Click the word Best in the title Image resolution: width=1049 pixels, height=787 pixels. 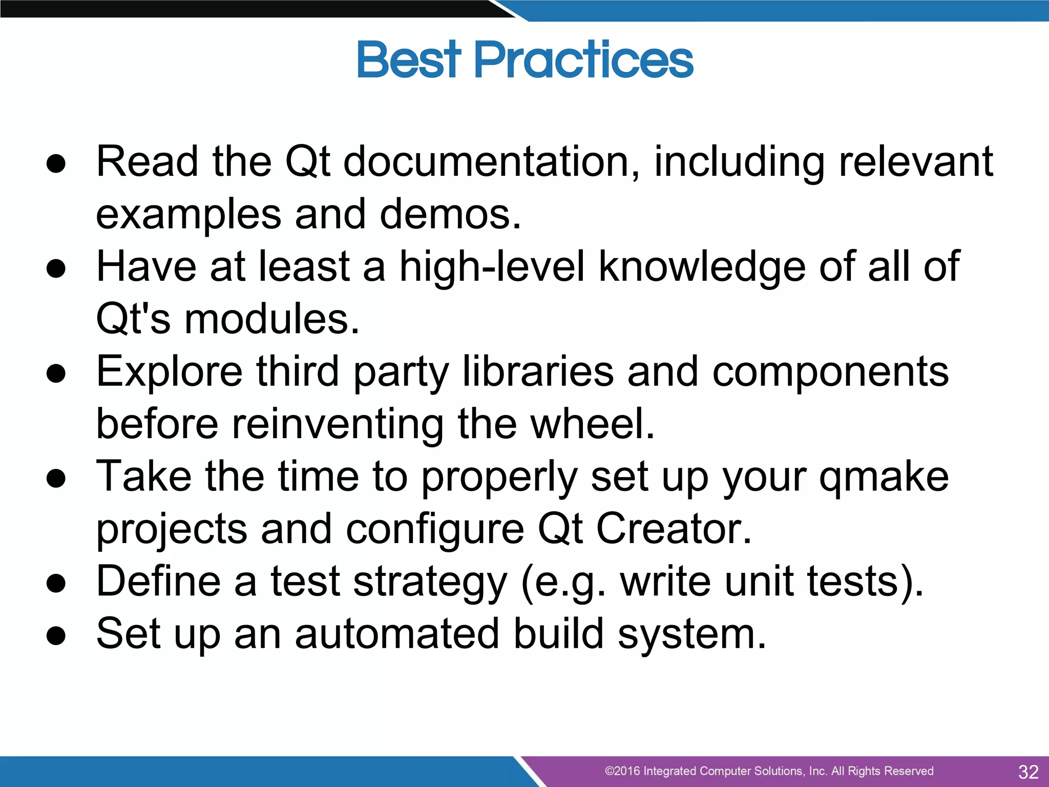tap(408, 60)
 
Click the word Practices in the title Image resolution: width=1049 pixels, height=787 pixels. tap(584, 60)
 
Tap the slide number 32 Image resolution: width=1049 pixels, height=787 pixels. tap(1028, 772)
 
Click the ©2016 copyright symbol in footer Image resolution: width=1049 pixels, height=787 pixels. tap(610, 771)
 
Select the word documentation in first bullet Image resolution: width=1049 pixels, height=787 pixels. tap(491, 162)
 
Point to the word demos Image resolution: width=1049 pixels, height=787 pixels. tap(450, 214)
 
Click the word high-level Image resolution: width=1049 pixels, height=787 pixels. tap(491, 267)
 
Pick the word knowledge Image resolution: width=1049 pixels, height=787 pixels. tap(702, 267)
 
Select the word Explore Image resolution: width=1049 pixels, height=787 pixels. tap(169, 372)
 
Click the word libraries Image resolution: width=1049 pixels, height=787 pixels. tap(538, 372)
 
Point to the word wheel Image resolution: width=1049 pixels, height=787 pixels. tap(592, 424)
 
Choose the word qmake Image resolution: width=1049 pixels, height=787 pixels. tap(884, 478)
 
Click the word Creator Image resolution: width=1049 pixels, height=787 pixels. tap(674, 529)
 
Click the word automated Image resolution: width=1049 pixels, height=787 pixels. tap(397, 634)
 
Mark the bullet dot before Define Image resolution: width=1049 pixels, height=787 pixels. tap(56, 584)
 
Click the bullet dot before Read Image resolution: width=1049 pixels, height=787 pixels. tap(56, 163)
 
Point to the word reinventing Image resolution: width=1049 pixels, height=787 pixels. tap(338, 424)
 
